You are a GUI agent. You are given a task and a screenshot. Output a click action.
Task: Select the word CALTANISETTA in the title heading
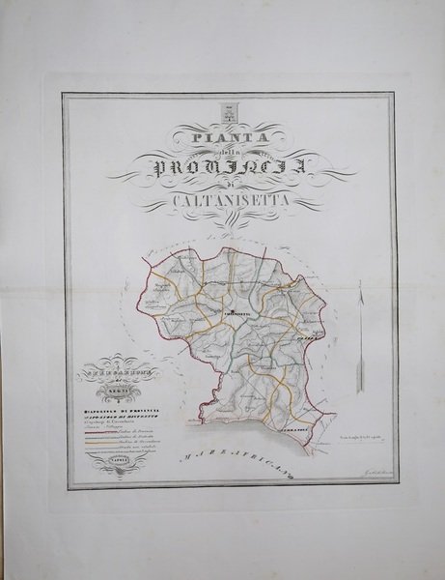tap(230, 201)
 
